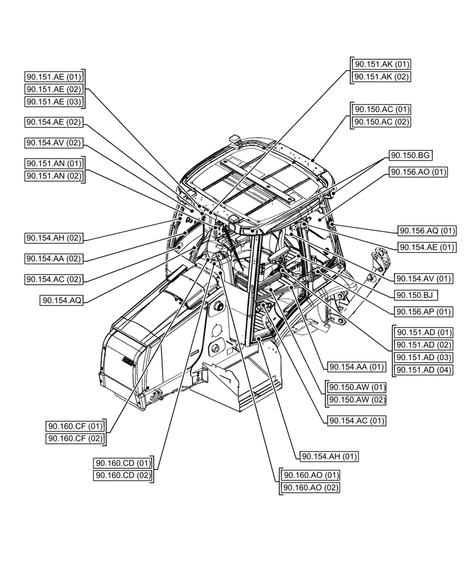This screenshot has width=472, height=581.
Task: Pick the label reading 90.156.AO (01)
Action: pos(418,171)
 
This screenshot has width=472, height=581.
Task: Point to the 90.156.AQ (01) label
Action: pos(426,231)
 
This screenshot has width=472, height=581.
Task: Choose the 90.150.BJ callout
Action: pos(416,295)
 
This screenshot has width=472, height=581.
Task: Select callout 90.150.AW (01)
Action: pos(357,387)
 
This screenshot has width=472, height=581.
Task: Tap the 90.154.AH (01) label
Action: pos(328,456)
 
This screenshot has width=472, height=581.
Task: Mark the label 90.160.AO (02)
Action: pos(310,487)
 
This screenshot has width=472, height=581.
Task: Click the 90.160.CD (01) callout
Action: pos(123,463)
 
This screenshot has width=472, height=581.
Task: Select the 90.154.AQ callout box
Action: pos(62,300)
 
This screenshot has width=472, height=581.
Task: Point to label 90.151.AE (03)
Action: pos(54,102)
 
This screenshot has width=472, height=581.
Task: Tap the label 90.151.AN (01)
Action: pos(54,163)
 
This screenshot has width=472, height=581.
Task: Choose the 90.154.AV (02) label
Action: pos(54,142)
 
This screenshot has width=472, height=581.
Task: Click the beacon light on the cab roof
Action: pos(235,139)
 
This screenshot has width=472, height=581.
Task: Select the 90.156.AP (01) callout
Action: pos(423,311)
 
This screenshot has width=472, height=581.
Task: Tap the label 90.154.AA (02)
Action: pos(54,258)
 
